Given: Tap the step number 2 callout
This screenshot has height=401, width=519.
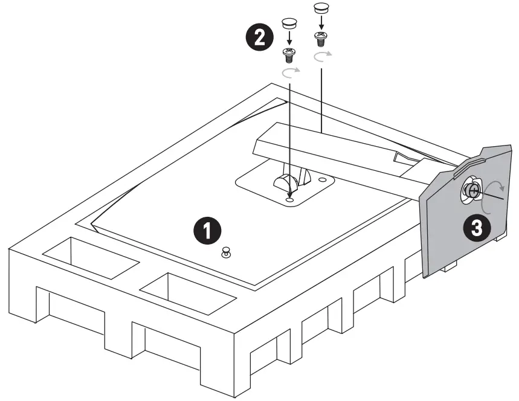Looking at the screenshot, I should [x=258, y=37].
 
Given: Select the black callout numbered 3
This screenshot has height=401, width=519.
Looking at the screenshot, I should [x=477, y=228].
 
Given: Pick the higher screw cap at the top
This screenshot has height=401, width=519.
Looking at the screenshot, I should [x=320, y=9].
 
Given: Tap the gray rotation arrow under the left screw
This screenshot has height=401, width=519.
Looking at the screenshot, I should [x=291, y=72].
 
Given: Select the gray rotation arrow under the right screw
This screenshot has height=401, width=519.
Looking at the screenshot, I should [x=322, y=57].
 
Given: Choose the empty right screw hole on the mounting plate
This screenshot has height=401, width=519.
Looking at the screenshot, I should [x=321, y=179].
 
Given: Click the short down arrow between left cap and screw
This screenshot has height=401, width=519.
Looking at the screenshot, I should [x=290, y=40].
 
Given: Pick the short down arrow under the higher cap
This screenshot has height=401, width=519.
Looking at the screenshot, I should [x=321, y=24].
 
